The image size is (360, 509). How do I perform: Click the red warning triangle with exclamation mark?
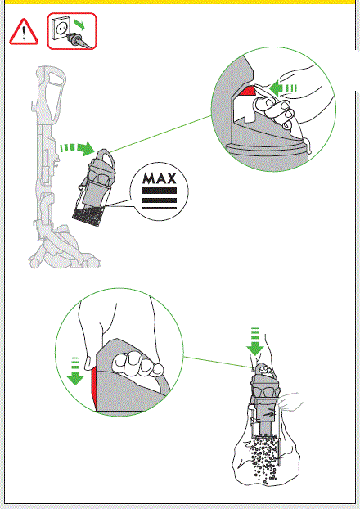23,32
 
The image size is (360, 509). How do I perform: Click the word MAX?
160,178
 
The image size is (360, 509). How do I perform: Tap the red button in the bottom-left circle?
94,386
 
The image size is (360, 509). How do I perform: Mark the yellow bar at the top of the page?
180,3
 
